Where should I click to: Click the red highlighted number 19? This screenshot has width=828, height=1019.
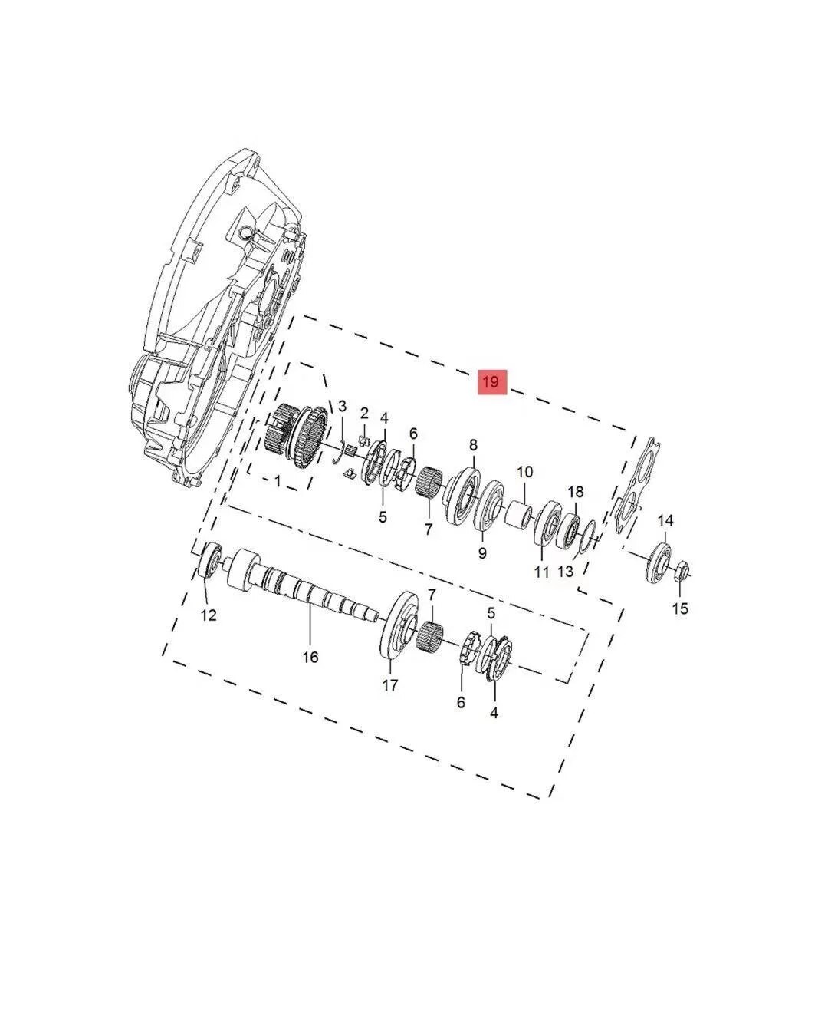click(x=492, y=382)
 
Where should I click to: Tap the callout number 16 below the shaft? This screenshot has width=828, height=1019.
click(x=310, y=658)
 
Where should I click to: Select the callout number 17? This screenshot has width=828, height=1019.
click(x=390, y=685)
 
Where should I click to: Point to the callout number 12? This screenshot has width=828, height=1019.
click(x=209, y=615)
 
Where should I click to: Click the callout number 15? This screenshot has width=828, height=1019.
click(x=680, y=608)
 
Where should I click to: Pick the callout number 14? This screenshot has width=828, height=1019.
click(x=665, y=520)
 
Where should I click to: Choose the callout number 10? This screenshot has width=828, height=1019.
click(x=524, y=472)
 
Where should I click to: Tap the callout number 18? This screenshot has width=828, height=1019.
click(x=576, y=491)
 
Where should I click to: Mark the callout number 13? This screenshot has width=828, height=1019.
click(x=566, y=571)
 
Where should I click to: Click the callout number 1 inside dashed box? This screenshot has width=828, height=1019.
click(x=278, y=481)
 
